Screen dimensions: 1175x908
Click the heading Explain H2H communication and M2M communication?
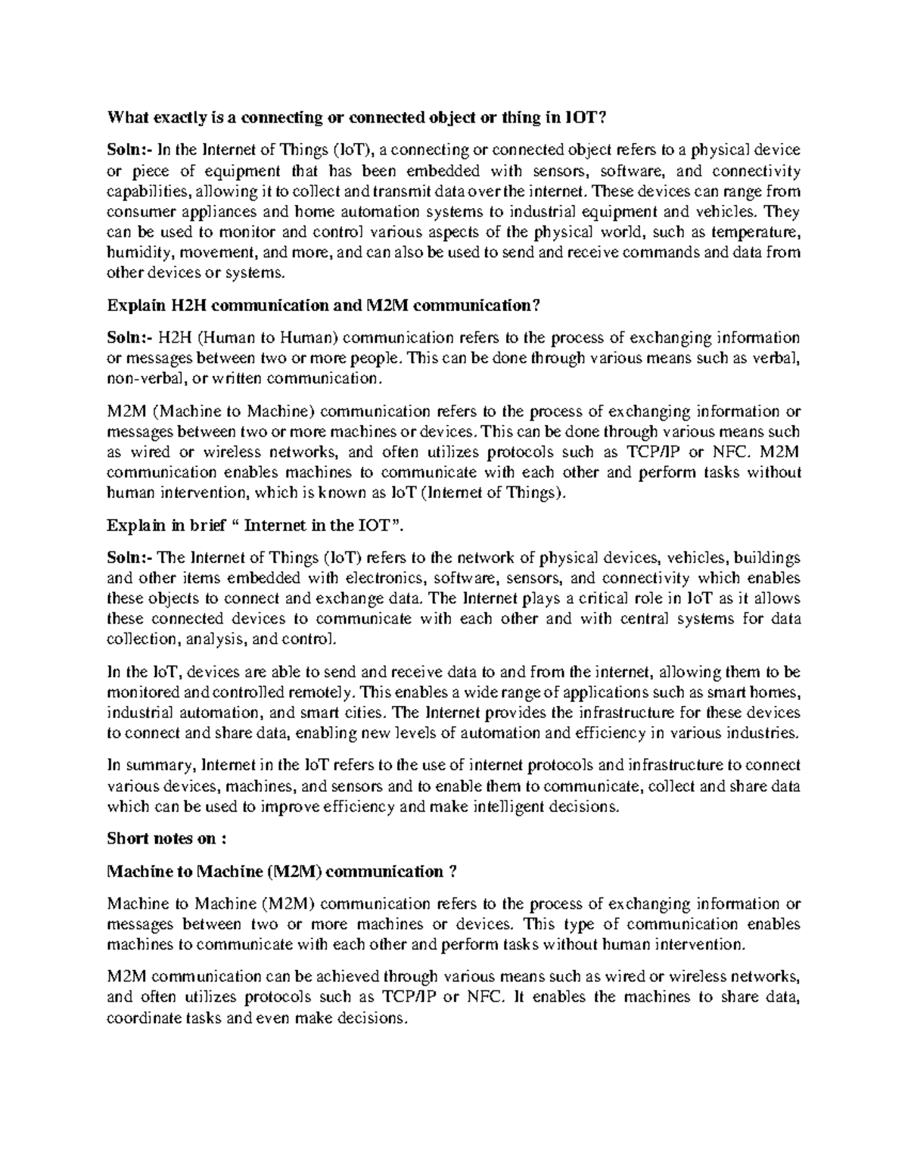click(324, 306)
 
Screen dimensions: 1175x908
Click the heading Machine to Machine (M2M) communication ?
click(282, 872)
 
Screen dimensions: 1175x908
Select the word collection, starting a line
click(140, 639)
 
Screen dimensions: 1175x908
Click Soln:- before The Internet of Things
click(129, 558)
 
